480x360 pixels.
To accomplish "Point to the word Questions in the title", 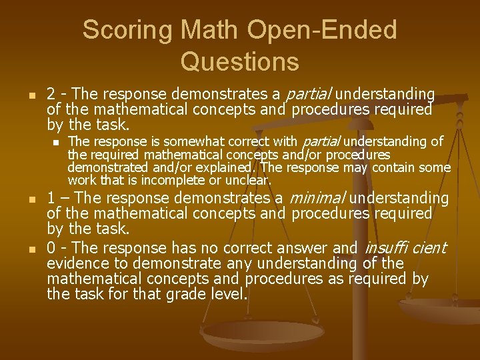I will pyautogui.click(x=240, y=61).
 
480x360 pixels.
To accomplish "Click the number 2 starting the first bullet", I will pyautogui.click(x=51, y=94).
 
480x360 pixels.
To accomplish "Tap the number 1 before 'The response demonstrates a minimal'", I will pyautogui.click(x=51, y=198).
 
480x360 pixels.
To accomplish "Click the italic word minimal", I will pyautogui.click(x=317, y=198).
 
